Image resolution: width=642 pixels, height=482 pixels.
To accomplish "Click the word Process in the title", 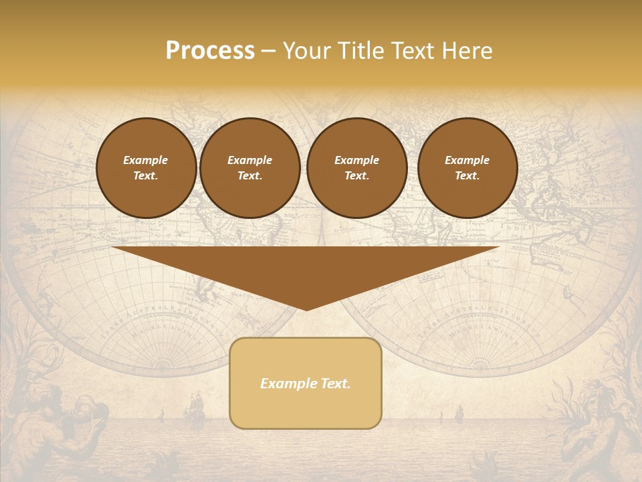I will (x=210, y=51).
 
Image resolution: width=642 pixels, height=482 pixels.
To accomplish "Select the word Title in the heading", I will (x=360, y=51).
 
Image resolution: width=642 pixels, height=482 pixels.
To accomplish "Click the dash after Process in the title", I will (x=268, y=52).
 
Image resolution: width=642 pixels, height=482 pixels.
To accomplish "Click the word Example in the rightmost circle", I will (x=467, y=160).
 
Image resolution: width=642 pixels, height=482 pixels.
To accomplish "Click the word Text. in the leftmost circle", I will (x=146, y=176).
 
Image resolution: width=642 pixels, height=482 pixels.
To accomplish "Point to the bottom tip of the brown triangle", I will (x=306, y=309).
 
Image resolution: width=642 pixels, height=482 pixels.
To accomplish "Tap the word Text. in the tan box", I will (x=334, y=384).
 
